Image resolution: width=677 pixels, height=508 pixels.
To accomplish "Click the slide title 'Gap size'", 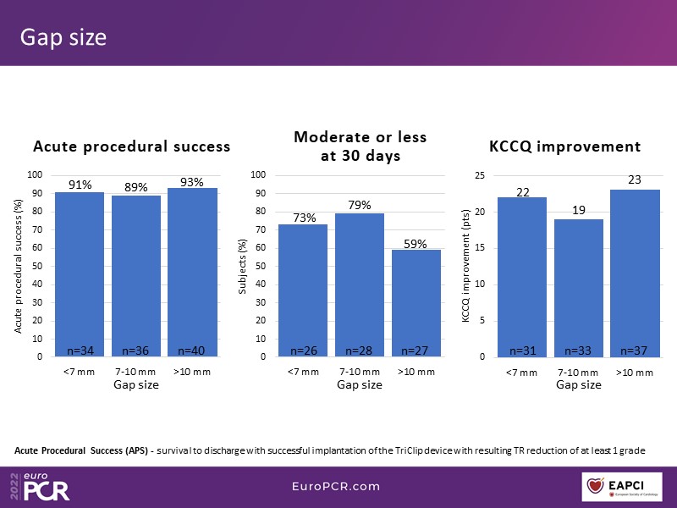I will pos(63,38).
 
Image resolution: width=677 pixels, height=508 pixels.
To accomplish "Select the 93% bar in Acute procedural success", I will pos(193,271).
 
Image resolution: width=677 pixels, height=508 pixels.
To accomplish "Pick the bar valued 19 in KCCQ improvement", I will pos(579,288).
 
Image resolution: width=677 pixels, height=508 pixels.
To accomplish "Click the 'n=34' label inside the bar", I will pos(80,351).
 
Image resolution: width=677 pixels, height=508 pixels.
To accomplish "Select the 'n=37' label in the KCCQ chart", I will pos(635,351).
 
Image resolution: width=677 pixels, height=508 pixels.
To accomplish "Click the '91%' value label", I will pos(80,184).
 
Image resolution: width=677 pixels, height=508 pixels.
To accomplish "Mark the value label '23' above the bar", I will pos(635,180).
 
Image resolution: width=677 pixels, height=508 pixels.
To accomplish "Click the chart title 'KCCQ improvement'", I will pos(564,146).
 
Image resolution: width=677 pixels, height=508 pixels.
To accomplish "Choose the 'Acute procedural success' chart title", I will pos(131,146).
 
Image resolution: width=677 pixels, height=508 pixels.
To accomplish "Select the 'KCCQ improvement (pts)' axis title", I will pos(465,266).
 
